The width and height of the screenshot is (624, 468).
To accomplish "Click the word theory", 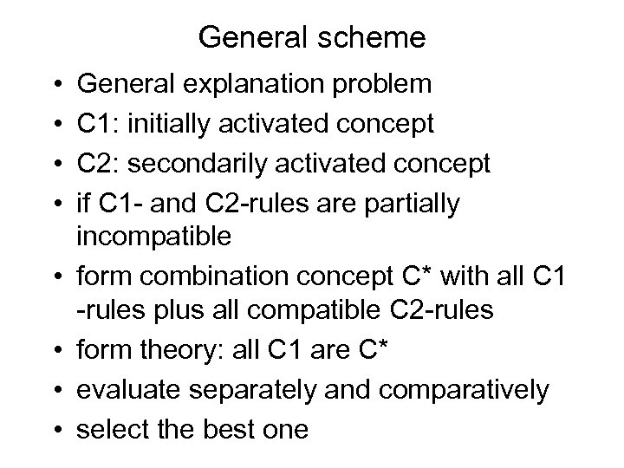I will [x=182, y=348].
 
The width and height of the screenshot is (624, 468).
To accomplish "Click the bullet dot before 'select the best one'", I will [x=56, y=429].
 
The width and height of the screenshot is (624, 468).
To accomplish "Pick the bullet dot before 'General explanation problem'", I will [x=56, y=85].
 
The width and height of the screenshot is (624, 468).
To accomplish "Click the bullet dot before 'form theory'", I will [x=56, y=349].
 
